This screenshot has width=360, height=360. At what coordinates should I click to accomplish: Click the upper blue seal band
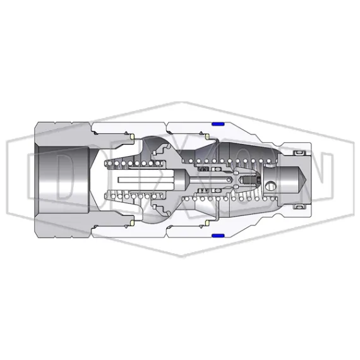[219, 124]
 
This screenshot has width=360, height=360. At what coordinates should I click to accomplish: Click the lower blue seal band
[219, 236]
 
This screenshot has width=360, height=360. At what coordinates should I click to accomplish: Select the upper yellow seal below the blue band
[208, 136]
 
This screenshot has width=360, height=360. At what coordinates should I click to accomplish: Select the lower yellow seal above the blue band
[208, 224]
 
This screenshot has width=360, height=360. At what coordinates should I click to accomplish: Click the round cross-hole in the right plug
[272, 186]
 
